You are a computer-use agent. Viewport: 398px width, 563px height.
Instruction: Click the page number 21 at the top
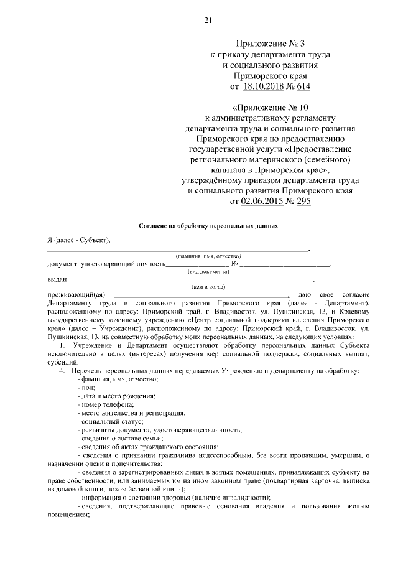pos(208,20)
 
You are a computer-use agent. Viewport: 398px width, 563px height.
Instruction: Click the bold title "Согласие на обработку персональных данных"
pos(207,227)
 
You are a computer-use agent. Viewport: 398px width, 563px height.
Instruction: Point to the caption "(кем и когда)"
pos(207,287)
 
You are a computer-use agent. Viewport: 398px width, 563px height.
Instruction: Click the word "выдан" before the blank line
pos(57,279)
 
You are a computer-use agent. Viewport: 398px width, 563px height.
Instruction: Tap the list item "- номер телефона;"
pos(103,404)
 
